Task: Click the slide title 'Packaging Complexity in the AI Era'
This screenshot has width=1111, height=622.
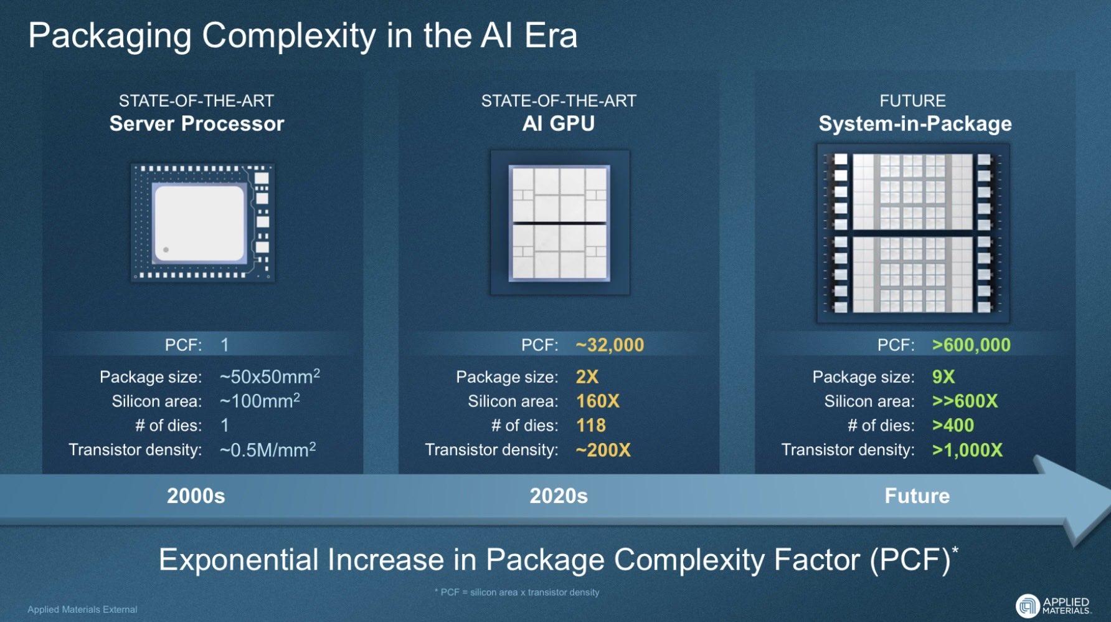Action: pyautogui.click(x=303, y=36)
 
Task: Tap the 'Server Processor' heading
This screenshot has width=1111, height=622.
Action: pyautogui.click(x=197, y=123)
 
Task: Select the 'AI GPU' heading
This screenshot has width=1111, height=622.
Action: pyautogui.click(x=559, y=123)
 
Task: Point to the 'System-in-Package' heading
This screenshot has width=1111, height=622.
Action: pyautogui.click(x=915, y=124)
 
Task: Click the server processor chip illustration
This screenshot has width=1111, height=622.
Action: pyautogui.click(x=202, y=222)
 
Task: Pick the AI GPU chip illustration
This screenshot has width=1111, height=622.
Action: pyautogui.click(x=559, y=222)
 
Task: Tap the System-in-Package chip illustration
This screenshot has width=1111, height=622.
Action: pyautogui.click(x=913, y=234)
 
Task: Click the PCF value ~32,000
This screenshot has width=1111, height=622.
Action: pyautogui.click(x=610, y=345)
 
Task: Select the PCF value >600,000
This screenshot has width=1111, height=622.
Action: pyautogui.click(x=971, y=345)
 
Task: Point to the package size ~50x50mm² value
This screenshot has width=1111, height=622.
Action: pyautogui.click(x=270, y=376)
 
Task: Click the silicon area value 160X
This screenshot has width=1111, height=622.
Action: pyautogui.click(x=598, y=401)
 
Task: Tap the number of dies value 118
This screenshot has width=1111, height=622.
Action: pyautogui.click(x=591, y=425)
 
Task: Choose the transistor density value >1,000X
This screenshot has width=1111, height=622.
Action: pyautogui.click(x=967, y=450)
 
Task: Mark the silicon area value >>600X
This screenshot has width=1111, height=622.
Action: pyautogui.click(x=965, y=401)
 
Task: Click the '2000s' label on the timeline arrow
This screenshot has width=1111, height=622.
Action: pyautogui.click(x=196, y=495)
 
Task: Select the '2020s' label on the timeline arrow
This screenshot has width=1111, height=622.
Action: pyautogui.click(x=559, y=495)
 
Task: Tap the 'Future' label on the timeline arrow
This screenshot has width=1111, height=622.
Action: pyautogui.click(x=917, y=495)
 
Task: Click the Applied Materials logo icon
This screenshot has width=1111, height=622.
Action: pyautogui.click(x=1028, y=606)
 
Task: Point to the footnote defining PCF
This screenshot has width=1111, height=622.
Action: pyautogui.click(x=517, y=592)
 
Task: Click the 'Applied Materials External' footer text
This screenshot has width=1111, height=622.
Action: pyautogui.click(x=82, y=610)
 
